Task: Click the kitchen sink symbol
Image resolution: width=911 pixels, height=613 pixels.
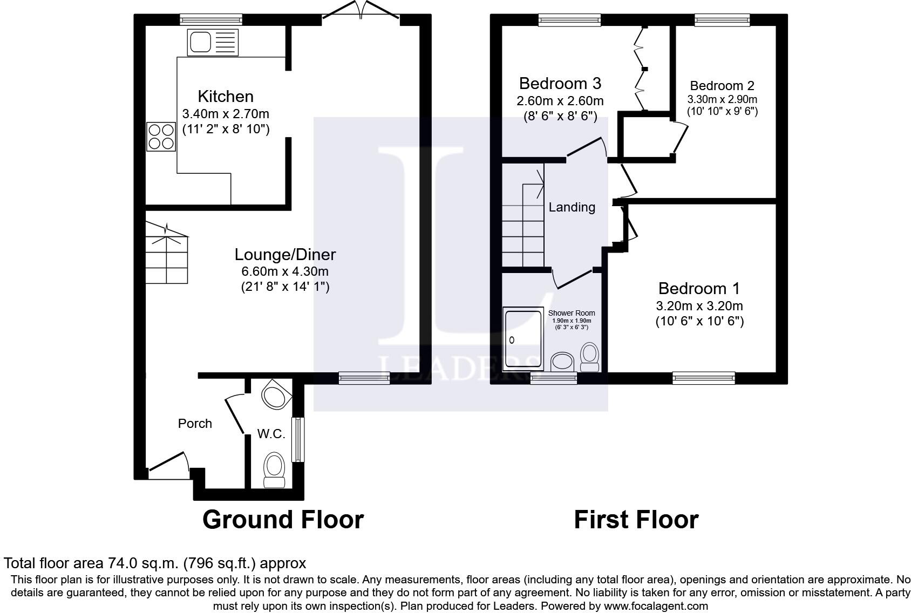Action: pos(213,42)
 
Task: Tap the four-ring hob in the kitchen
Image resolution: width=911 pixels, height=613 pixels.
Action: pos(161,137)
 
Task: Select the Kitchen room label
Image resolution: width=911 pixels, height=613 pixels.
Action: pos(226,97)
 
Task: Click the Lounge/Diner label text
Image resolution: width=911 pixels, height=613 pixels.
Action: pos(285,255)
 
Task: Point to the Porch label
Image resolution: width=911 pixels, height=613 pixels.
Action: pos(195,424)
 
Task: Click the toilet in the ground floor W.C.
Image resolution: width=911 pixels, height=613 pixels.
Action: pos(274,470)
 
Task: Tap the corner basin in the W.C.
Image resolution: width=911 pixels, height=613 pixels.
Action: pos(276,394)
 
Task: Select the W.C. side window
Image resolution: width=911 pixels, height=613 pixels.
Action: pos(298,439)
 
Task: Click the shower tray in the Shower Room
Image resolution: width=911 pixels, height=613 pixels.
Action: pos(523,339)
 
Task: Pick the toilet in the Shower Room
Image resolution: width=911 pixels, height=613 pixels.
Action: pos(590,357)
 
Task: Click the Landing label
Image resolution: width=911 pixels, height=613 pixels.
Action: pos(572,207)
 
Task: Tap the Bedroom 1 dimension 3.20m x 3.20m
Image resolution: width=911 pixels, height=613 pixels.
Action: pos(699,306)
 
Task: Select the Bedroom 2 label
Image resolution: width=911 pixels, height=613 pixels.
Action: pos(722,86)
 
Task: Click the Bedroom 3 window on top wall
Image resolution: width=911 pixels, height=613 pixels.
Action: pos(569,20)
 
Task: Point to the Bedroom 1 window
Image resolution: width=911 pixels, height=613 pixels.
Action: pos(704,378)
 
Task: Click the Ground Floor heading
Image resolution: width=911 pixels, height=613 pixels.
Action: pos(283,520)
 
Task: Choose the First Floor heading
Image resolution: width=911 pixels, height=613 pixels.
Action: pos(636,520)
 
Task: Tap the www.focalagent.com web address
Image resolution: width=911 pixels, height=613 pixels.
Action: pos(656,606)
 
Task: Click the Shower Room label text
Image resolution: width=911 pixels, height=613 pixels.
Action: pos(572,313)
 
